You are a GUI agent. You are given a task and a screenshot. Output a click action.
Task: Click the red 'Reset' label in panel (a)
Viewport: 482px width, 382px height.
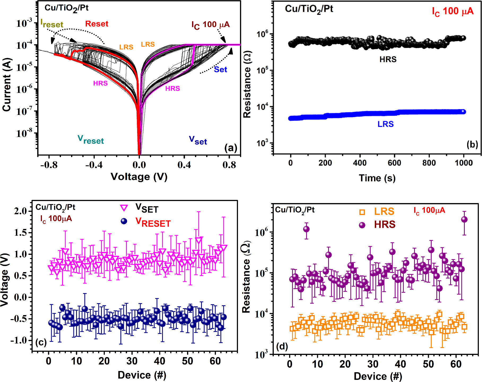coord(97,24)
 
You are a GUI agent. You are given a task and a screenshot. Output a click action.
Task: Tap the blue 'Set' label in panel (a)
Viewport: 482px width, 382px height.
coord(220,70)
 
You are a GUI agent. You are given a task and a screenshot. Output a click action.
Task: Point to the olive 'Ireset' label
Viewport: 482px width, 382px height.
coord(52,24)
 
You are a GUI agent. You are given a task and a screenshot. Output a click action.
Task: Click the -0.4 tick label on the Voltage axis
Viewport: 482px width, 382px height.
coord(94,165)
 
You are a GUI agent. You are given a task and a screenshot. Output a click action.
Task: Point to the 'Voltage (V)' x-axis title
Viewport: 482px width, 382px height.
coord(139,177)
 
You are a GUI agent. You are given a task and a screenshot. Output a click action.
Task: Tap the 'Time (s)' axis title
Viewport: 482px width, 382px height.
coord(377,178)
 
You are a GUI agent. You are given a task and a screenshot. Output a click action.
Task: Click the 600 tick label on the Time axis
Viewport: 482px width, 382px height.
coord(394,163)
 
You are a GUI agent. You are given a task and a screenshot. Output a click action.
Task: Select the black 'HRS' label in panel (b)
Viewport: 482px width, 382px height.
coord(388,59)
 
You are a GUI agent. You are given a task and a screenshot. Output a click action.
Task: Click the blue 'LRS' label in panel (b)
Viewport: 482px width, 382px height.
coord(385,124)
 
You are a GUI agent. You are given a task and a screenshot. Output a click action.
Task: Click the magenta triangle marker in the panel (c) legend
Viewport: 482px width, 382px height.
coord(124,208)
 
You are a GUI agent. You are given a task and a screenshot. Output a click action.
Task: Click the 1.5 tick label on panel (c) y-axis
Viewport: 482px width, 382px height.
coord(20,233)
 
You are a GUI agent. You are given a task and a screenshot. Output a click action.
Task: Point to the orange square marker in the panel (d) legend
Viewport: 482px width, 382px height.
coord(362,212)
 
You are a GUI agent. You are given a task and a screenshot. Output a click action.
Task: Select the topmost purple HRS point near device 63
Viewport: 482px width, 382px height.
coord(464,219)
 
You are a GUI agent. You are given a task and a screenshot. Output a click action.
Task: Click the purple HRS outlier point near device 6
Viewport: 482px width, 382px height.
coord(306,229)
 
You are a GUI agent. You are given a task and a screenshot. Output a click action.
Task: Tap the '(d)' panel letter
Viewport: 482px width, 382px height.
coord(282,346)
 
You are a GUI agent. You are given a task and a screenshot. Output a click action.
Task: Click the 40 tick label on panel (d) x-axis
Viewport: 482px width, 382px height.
coord(401,364)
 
